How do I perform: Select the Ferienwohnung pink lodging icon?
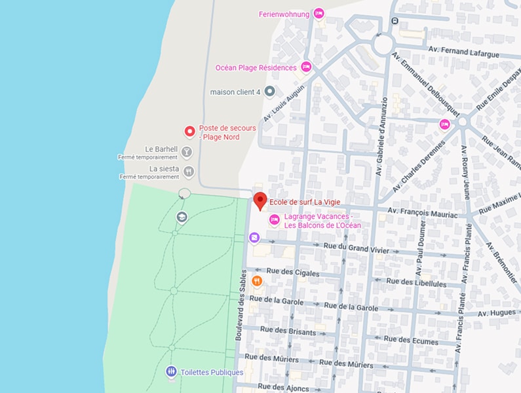tap(319, 13)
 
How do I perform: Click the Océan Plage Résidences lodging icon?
tap(306, 67)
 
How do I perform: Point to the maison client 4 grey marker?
tap(269, 91)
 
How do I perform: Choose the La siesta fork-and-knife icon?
tap(189, 172)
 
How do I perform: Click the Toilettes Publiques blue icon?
tap(171, 372)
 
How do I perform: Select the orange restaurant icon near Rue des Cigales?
tap(257, 282)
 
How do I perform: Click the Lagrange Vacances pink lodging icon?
tap(275, 220)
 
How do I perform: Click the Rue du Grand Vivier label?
tap(356, 250)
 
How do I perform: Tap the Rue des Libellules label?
tap(416, 283)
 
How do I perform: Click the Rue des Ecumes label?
tap(411, 340)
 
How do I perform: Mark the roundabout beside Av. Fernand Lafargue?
tap(383, 45)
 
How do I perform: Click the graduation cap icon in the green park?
tap(182, 217)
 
